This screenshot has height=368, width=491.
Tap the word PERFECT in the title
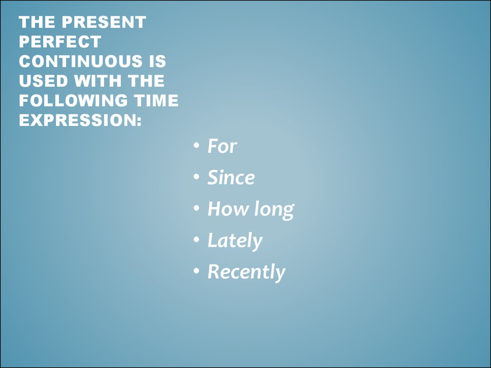click(x=60, y=42)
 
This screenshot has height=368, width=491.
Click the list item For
click(x=222, y=146)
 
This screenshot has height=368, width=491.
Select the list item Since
click(x=231, y=178)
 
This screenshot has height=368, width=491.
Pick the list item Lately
click(x=234, y=241)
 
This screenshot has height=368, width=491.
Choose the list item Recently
click(x=246, y=272)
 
